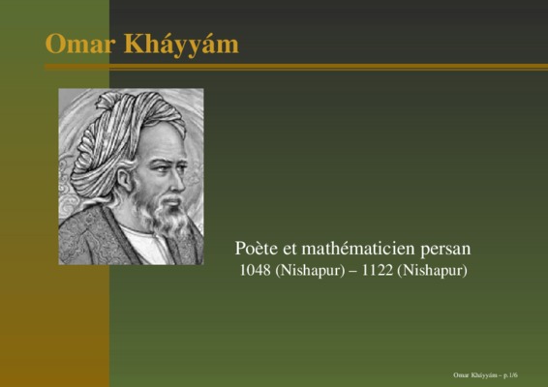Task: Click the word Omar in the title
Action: coord(80,44)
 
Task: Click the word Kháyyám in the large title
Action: coord(181,45)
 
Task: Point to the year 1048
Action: coord(256,270)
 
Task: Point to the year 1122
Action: coord(377,270)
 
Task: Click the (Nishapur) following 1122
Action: coord(433,271)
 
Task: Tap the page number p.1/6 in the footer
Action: coord(510,375)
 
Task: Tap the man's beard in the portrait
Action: coord(165,213)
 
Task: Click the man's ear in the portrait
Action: coord(124,179)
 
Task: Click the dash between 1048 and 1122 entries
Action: coord(353,272)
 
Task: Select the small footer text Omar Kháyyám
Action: coord(475,375)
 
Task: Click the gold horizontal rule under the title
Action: coord(296,67)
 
